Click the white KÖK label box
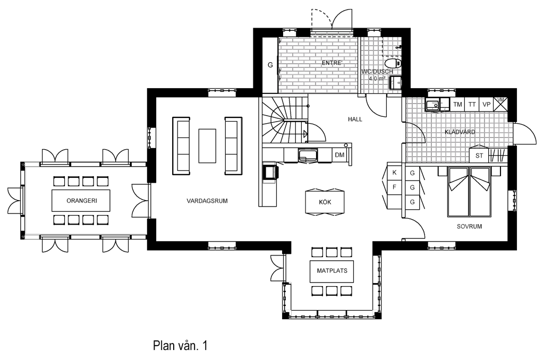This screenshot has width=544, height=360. pos(325,202)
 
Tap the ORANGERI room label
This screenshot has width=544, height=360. pos(82,201)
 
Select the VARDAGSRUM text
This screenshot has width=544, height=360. pos(207,201)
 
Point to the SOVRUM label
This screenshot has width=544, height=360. pos(469,227)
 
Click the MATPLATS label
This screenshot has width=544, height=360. pos(332,271)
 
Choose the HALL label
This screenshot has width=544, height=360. pos(355,119)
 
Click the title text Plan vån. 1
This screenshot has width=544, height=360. pos(180,346)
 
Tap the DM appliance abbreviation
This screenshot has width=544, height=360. pos(339,156)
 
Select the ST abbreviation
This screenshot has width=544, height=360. pos(479,156)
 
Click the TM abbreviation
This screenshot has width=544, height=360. pos(457,105)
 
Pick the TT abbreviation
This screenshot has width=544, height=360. pos(472,105)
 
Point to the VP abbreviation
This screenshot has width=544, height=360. pos(487,105)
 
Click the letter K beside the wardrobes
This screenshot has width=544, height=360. pos(395,173)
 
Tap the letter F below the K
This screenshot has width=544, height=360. pos(395,187)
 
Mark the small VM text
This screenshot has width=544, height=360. pos(500,99)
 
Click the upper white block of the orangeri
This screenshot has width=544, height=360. pos(32,164)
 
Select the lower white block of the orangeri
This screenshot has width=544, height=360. pos(32,237)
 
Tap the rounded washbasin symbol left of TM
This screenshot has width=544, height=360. pos(433,105)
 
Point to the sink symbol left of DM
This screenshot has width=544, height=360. pos(308,156)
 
